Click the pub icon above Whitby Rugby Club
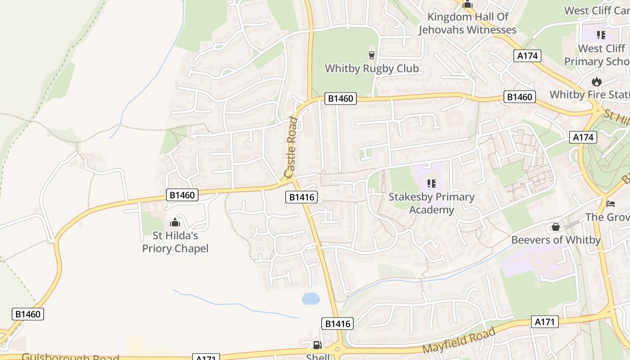(372, 55)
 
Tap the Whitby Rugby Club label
(372, 69)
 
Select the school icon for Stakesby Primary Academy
(432, 184)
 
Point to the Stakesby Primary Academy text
(432, 203)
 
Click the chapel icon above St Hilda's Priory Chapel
(175, 222)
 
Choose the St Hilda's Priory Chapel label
(175, 242)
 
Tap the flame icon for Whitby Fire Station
(597, 81)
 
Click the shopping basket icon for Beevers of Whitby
(556, 227)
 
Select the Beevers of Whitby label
(556, 240)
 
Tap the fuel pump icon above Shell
(317, 345)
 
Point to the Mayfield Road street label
(459, 341)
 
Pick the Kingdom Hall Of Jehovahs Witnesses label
(468, 23)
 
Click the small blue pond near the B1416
(310, 299)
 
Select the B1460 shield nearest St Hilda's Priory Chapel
(182, 195)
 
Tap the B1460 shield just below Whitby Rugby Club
(340, 99)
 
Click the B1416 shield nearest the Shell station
(337, 324)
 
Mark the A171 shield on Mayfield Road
(545, 322)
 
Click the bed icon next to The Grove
(611, 203)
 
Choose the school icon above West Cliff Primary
(601, 35)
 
